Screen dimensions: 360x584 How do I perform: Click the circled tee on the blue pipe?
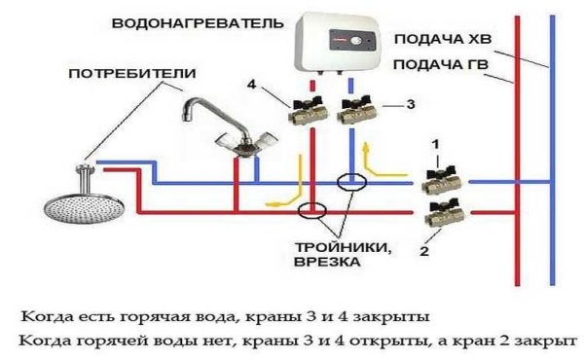coord(350,182)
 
